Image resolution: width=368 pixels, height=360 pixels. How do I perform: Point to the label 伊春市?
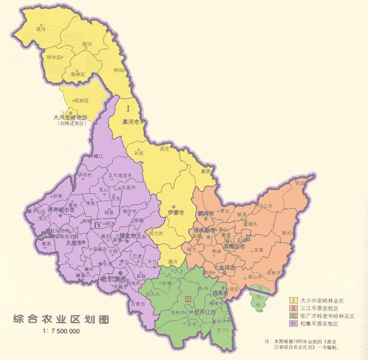click(175, 213)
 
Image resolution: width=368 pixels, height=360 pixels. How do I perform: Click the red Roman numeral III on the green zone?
click(187, 298)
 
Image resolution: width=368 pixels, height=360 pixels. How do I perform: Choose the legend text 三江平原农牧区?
click(323, 309)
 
